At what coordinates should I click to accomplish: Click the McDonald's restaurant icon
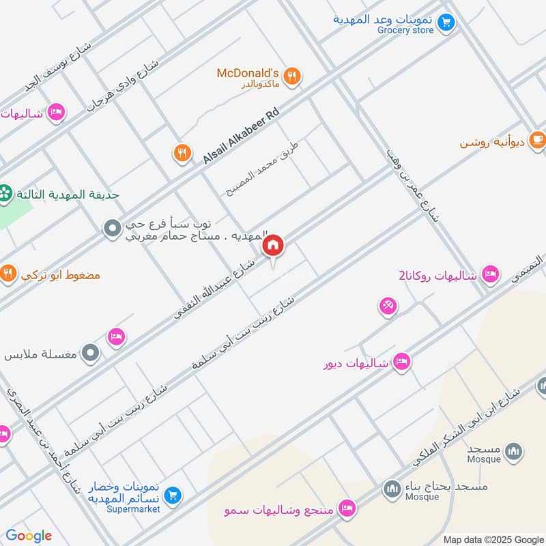(292, 76)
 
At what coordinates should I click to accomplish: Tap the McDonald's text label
(248, 72)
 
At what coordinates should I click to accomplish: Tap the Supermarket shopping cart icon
(173, 494)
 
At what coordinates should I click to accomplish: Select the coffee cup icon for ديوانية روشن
(537, 140)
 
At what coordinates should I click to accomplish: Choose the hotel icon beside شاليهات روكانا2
(489, 275)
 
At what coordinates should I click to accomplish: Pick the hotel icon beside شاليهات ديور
(402, 362)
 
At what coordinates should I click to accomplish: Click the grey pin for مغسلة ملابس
(91, 354)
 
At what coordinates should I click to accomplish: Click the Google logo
(29, 536)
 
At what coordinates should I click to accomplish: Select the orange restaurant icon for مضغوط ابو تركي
(8, 274)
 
